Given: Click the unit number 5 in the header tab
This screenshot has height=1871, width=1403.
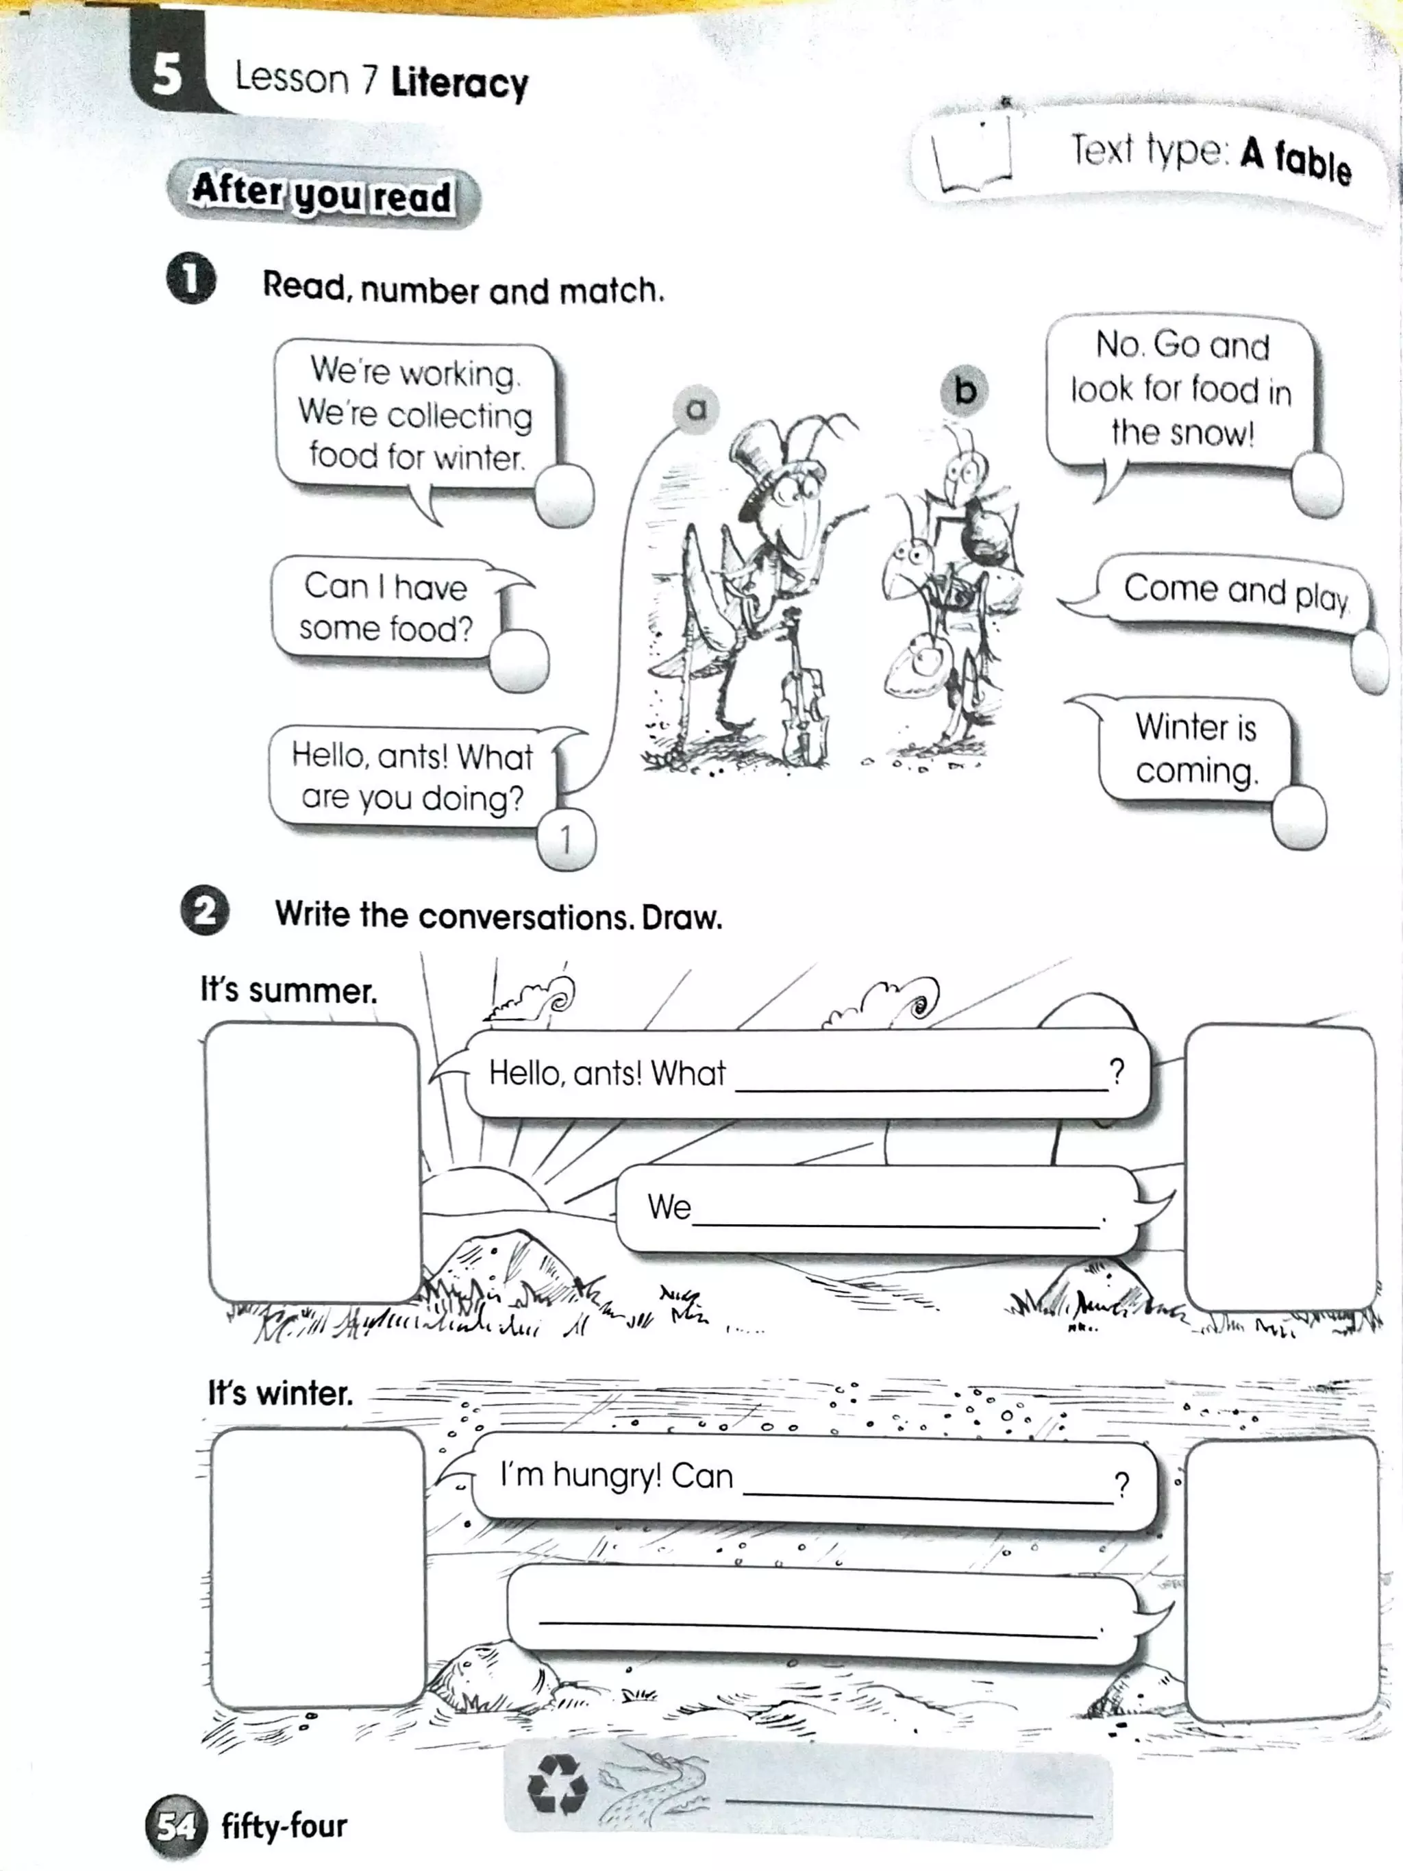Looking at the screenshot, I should (x=166, y=75).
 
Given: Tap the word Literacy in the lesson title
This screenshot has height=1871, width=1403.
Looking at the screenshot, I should (x=459, y=83).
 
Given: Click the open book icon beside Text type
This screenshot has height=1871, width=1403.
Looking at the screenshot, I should (x=973, y=156).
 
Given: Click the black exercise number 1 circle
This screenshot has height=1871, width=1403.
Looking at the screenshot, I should (x=190, y=278).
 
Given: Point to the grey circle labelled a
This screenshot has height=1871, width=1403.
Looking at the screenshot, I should (x=695, y=410).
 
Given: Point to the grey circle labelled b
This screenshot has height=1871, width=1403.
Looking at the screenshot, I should (x=964, y=390).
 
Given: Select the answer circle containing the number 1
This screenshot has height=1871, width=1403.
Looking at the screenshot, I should (x=566, y=839).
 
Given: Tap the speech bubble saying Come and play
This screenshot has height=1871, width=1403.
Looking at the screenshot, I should (x=1234, y=592).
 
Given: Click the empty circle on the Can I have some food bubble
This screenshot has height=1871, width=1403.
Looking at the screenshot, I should (x=519, y=660).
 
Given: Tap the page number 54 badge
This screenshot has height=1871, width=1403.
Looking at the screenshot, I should (x=176, y=1826).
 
